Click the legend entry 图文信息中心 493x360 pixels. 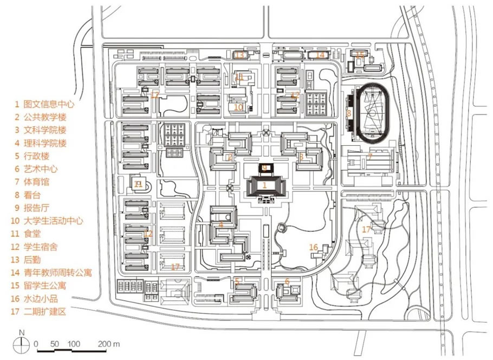[48, 103]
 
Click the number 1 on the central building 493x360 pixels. [264, 185]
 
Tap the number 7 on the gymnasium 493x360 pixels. [369, 156]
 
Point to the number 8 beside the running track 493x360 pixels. [349, 113]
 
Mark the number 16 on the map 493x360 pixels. [313, 247]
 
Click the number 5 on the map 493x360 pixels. [237, 281]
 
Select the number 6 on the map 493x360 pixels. [287, 281]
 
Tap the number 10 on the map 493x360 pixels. [238, 107]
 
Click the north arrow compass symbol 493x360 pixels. [21, 343]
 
